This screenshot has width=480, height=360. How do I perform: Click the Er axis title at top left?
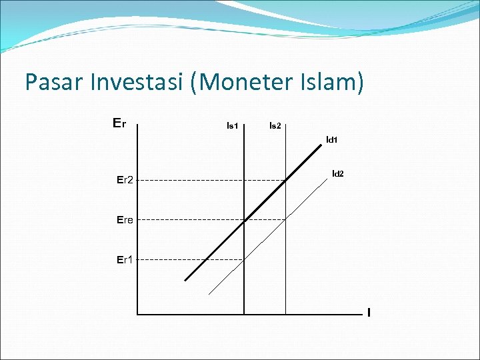click(120, 123)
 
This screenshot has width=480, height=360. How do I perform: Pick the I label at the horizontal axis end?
click(369, 312)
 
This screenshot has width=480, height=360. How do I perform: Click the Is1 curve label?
click(233, 125)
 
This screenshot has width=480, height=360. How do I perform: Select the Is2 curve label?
click(275, 125)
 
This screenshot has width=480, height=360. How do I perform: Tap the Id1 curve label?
click(331, 140)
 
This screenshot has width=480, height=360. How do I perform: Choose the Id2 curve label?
click(338, 174)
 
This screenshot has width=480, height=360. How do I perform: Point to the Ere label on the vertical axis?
click(125, 219)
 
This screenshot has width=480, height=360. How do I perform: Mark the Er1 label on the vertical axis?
click(125, 259)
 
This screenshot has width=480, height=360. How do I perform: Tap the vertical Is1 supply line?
click(244, 280)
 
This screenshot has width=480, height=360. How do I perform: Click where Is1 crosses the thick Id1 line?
click(244, 220)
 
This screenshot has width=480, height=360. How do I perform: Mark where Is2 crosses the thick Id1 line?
click(285, 179)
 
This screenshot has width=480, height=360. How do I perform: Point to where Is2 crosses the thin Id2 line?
click(285, 219)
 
